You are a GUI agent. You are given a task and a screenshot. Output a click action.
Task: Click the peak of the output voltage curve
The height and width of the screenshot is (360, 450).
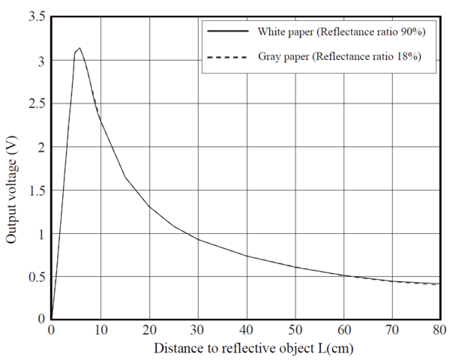(79, 48)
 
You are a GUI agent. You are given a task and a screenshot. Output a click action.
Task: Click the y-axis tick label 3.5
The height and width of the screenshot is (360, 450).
(35, 17)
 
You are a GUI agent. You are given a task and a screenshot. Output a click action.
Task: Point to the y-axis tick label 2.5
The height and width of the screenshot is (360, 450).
(35, 104)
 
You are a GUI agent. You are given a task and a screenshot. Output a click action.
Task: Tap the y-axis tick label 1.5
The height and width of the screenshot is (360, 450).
(35, 191)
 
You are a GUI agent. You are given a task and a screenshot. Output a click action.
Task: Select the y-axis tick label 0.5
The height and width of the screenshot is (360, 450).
(35, 277)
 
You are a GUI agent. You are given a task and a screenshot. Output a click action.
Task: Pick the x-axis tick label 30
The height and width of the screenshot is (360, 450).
(198, 330)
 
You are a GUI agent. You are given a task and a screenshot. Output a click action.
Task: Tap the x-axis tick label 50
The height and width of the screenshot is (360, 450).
(295, 330)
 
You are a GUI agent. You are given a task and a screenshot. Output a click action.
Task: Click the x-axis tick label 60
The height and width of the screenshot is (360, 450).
(344, 330)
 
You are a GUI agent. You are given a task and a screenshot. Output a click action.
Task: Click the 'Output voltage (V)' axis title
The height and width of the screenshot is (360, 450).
(12, 192)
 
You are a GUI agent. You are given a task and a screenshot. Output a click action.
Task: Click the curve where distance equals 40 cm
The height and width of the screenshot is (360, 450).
(247, 256)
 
